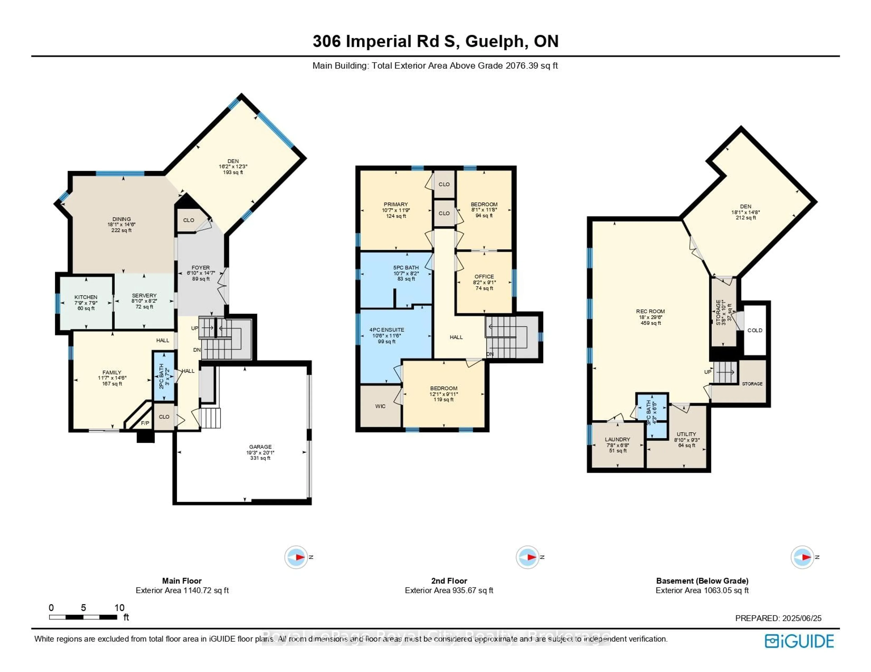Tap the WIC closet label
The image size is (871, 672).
click(380, 406)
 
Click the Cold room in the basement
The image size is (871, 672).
click(755, 330)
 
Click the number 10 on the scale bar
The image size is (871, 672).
click(119, 607)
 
